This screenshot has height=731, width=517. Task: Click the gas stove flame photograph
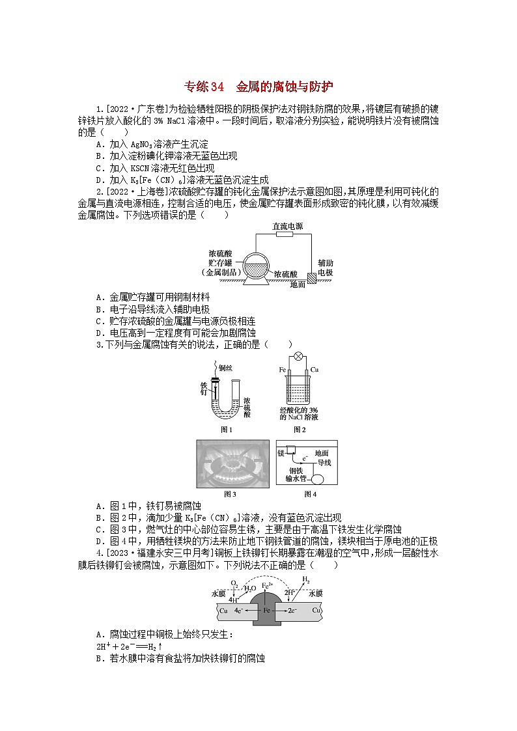[232, 464]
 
